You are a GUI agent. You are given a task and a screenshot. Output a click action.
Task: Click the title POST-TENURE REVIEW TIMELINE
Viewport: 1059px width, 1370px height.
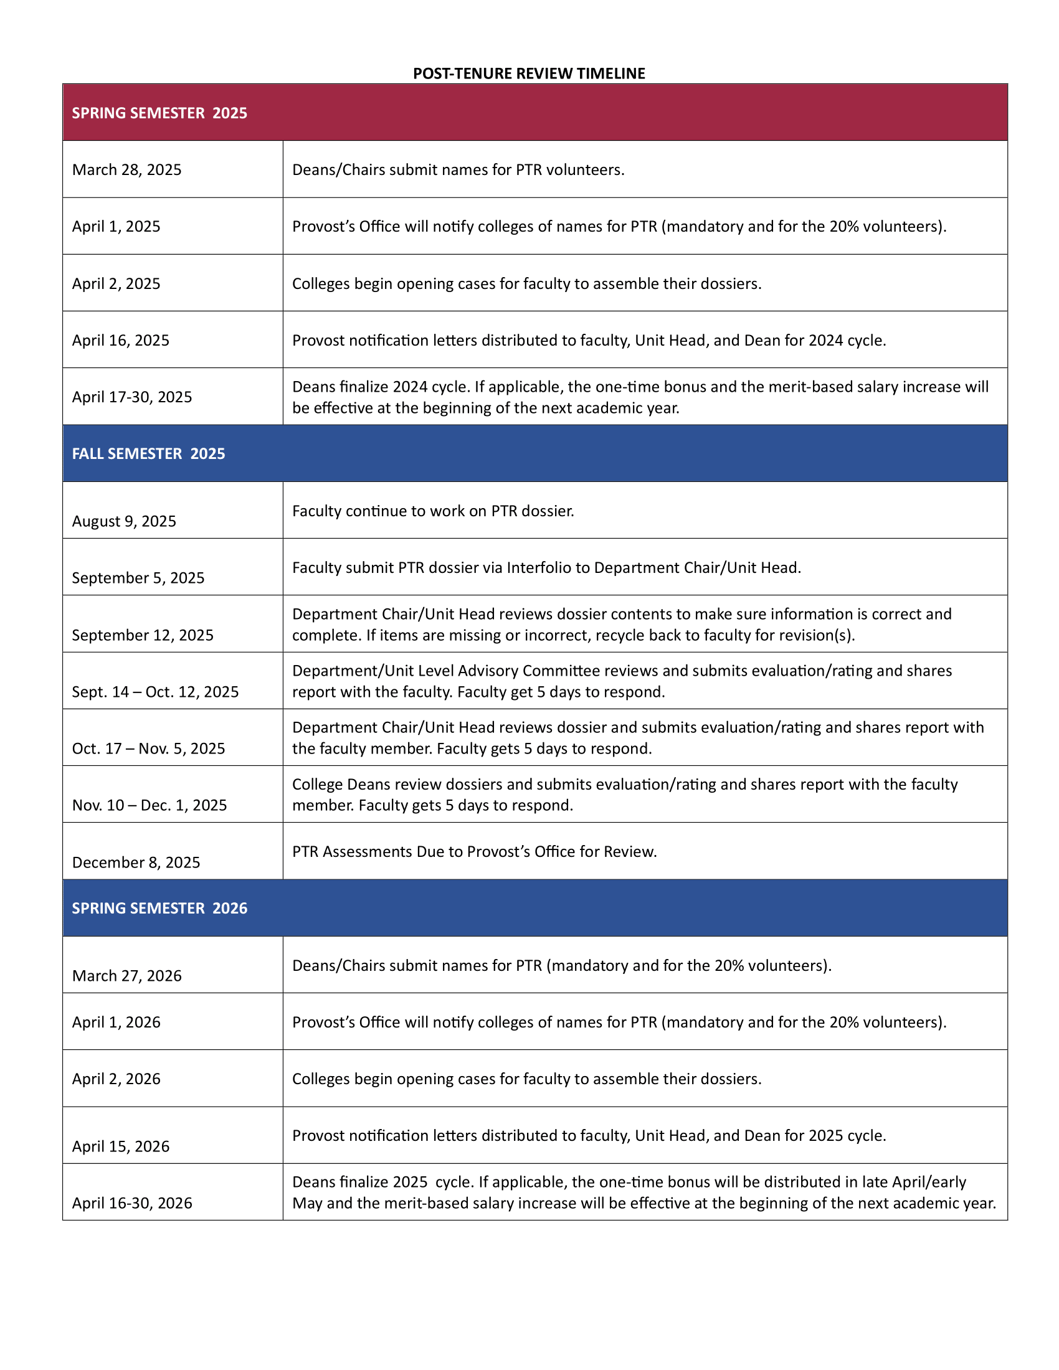(528, 73)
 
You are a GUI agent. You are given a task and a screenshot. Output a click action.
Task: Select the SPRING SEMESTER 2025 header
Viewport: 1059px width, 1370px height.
(159, 113)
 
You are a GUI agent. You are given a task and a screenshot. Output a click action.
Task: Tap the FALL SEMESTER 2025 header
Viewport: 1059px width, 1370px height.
(148, 453)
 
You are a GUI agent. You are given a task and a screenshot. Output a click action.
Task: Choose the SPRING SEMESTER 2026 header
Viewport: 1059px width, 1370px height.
(159, 908)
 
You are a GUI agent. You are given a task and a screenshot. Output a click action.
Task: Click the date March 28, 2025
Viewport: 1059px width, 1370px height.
(126, 169)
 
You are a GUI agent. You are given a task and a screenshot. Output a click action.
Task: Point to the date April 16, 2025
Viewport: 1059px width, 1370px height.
(120, 340)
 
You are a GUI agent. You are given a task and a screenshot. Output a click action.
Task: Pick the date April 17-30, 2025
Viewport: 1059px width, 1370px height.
(131, 397)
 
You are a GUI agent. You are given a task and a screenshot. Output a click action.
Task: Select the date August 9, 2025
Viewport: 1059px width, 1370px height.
(123, 521)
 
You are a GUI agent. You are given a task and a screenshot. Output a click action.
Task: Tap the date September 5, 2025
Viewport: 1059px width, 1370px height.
(138, 578)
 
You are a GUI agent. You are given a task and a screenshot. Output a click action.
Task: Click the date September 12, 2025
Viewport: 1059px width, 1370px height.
(143, 635)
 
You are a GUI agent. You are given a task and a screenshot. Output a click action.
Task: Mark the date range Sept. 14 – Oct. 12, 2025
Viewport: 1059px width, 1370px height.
(155, 691)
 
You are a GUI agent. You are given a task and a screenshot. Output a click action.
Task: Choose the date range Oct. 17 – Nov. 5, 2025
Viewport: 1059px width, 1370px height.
(148, 749)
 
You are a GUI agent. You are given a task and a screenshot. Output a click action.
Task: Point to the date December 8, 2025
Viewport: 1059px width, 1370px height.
(136, 862)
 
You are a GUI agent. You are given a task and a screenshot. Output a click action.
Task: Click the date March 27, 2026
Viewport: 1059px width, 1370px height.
(126, 975)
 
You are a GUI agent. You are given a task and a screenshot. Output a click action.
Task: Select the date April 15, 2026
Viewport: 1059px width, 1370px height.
(120, 1146)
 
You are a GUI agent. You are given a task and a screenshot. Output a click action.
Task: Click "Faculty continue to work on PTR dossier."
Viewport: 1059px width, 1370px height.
(433, 511)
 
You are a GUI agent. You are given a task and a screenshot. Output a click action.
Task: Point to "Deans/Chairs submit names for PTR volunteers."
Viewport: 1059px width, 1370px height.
(458, 169)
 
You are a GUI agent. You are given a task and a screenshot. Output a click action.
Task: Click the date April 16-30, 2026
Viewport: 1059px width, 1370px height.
(131, 1202)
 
